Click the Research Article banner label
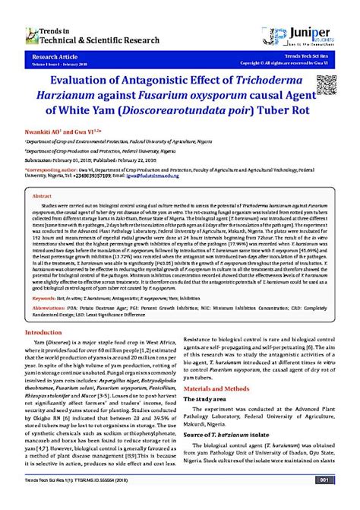pos(45,56)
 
